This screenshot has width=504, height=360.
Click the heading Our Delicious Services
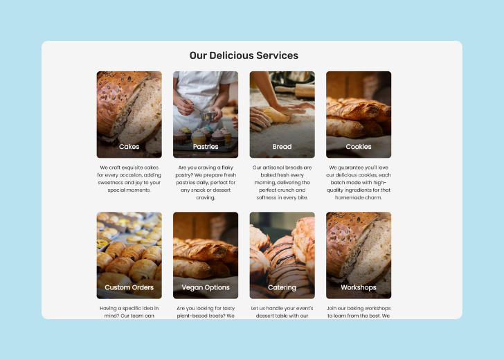244,55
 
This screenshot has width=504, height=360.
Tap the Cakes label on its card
129,147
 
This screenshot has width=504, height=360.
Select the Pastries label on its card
206,147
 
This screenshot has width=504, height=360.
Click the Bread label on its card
282,147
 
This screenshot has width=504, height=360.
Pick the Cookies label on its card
359,147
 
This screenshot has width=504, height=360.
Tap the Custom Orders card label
129,287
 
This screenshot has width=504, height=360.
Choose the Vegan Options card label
206,287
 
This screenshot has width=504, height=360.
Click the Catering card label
282,287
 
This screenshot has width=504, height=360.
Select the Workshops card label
359,287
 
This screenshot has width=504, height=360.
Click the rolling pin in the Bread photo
295,90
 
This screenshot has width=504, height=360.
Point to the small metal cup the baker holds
208,116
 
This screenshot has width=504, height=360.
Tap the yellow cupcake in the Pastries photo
198,136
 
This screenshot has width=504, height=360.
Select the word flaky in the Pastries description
227,168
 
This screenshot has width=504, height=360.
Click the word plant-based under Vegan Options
193,316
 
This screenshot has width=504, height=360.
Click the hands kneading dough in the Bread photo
276,116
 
